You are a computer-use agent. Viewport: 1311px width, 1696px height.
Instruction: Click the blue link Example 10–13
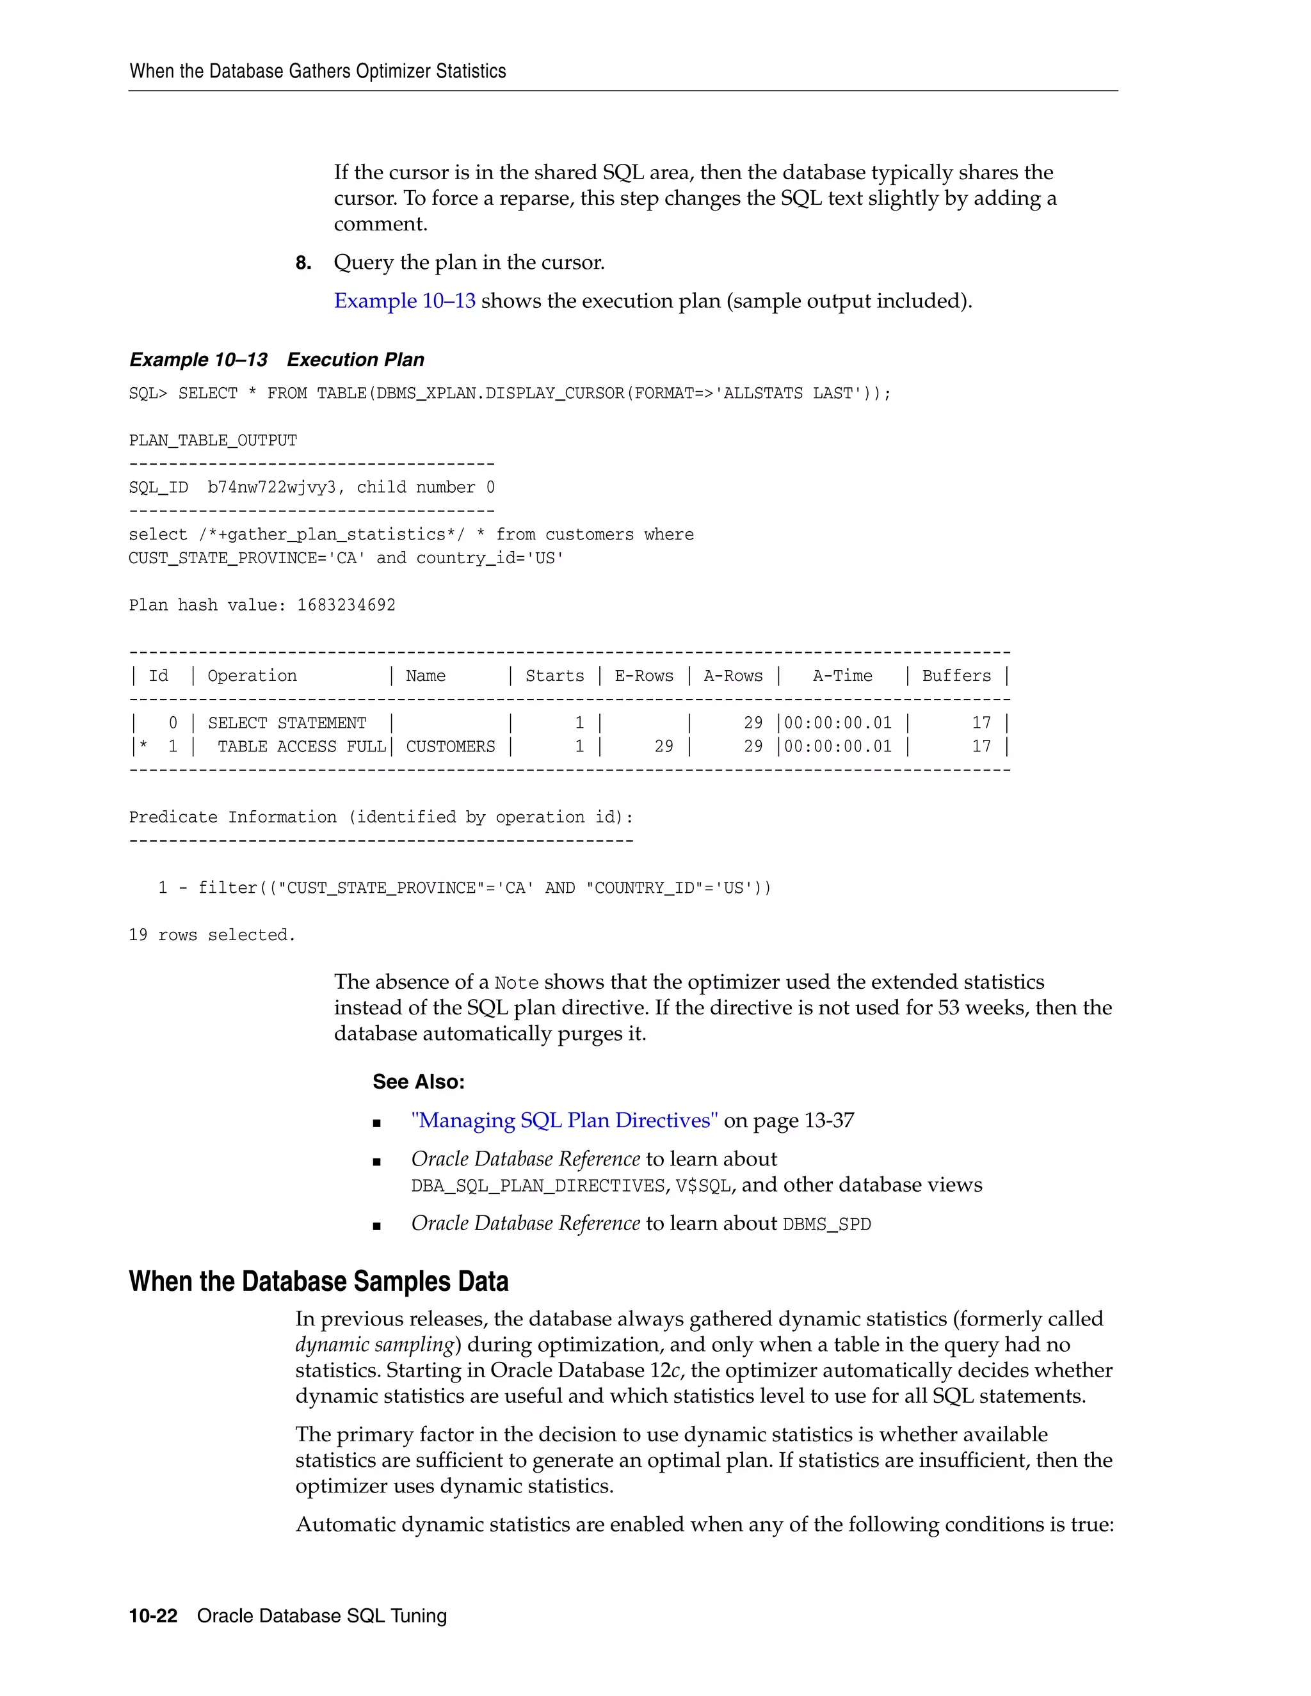pyautogui.click(x=405, y=301)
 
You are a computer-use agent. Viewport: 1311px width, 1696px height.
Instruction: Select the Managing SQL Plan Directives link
pyautogui.click(x=564, y=1121)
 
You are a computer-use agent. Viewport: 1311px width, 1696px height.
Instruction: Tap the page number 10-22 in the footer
pyautogui.click(x=153, y=1615)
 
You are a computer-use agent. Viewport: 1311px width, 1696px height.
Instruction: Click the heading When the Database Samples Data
pyautogui.click(x=318, y=1281)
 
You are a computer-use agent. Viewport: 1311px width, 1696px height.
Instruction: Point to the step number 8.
pyautogui.click(x=303, y=263)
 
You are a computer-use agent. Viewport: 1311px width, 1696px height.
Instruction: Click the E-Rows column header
pyautogui.click(x=644, y=676)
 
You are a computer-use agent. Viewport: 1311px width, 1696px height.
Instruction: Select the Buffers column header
pyautogui.click(x=956, y=676)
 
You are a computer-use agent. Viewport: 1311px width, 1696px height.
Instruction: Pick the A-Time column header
pyautogui.click(x=842, y=676)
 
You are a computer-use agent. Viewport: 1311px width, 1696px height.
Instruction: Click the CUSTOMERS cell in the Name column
pyautogui.click(x=451, y=746)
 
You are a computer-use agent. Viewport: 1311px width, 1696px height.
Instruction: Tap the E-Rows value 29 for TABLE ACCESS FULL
pyautogui.click(x=663, y=746)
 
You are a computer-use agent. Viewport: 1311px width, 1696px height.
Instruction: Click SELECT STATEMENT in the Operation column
pyautogui.click(x=287, y=723)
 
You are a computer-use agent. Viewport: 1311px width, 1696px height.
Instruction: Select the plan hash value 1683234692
pyautogui.click(x=346, y=605)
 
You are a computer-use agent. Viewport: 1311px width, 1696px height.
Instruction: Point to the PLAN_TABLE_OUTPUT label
pyautogui.click(x=213, y=440)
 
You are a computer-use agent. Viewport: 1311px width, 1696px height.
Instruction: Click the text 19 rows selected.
pyautogui.click(x=212, y=935)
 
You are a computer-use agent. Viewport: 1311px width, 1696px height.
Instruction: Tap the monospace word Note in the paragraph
pyautogui.click(x=516, y=983)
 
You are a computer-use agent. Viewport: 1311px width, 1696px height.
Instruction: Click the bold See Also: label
pyautogui.click(x=419, y=1082)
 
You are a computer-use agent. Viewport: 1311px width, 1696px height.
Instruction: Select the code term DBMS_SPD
pyautogui.click(x=826, y=1224)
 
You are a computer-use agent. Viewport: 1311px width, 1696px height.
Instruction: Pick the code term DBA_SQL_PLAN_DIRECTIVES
pyautogui.click(x=538, y=1186)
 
